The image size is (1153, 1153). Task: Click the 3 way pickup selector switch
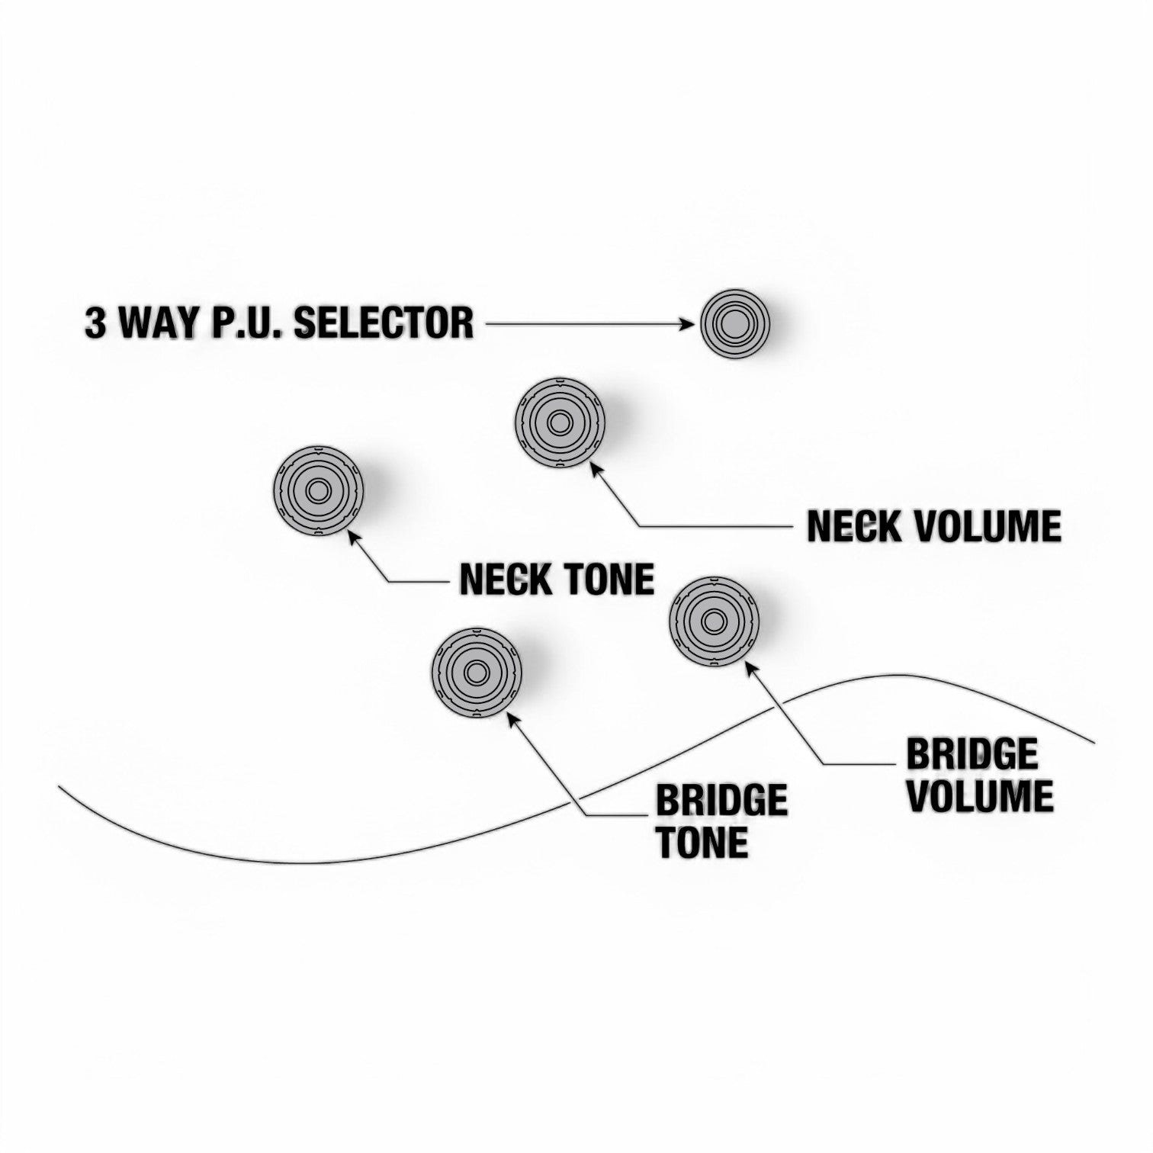click(735, 323)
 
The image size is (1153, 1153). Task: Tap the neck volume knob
click(560, 422)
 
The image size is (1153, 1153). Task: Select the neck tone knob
click(318, 491)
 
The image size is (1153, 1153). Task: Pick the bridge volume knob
click(715, 621)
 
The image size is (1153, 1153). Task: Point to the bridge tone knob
click(477, 672)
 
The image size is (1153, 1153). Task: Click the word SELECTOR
click(384, 323)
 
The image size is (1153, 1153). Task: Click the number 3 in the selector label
click(95, 323)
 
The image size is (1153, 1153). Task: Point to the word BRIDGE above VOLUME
click(972, 754)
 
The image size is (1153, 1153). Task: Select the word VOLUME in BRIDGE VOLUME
click(980, 795)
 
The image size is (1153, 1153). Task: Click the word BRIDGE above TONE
click(721, 801)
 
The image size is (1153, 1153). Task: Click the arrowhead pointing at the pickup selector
click(691, 324)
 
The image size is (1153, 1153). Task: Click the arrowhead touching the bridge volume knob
click(750, 668)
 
